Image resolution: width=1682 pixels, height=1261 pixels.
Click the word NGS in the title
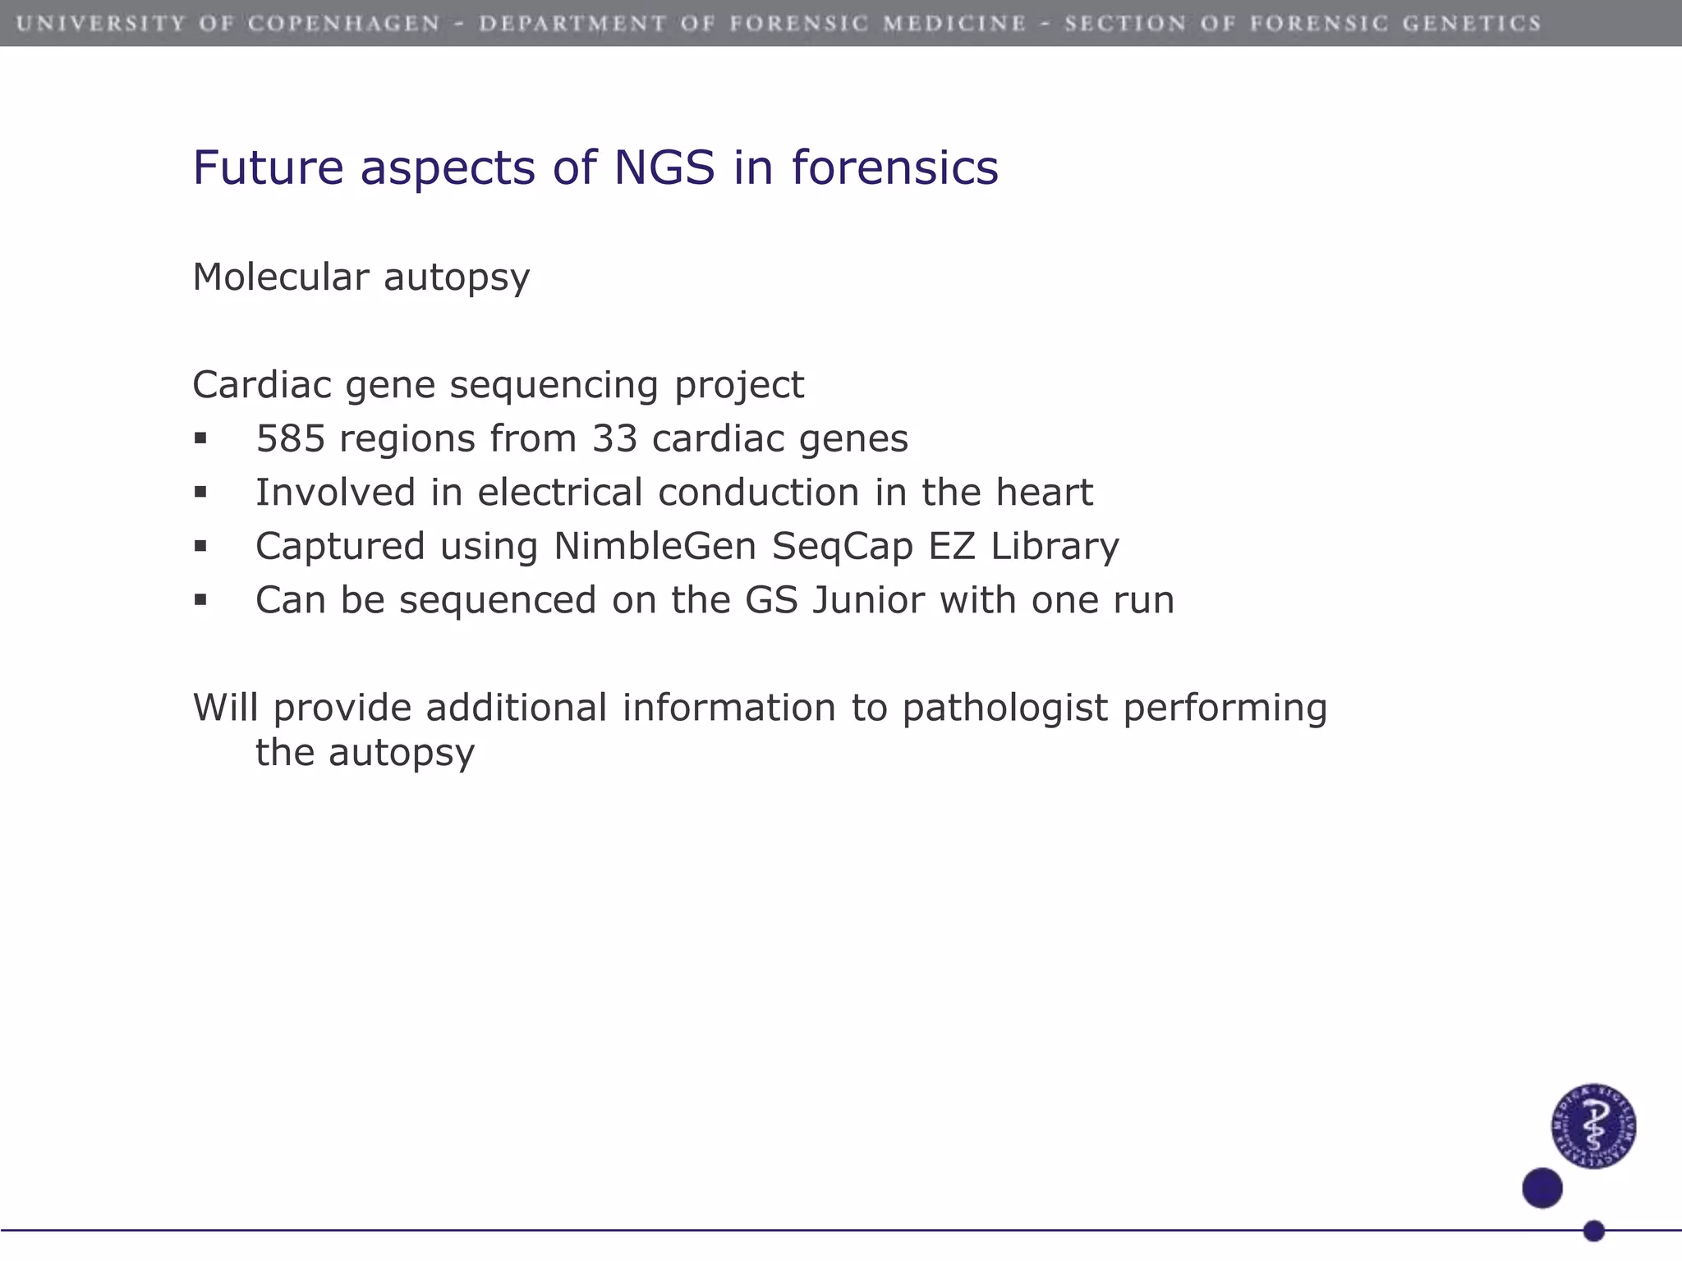click(664, 167)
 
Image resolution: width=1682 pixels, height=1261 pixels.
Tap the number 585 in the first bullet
click(290, 438)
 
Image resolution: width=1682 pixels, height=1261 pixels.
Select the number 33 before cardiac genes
click(614, 438)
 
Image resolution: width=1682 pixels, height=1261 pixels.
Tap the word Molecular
click(280, 277)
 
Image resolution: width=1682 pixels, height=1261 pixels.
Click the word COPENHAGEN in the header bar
click(344, 23)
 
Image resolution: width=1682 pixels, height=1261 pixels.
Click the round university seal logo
click(1593, 1126)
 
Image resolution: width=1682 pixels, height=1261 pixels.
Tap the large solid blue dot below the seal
click(1542, 1188)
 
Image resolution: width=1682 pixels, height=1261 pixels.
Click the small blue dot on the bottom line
click(1594, 1231)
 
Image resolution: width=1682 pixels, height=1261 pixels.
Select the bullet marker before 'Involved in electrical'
click(200, 493)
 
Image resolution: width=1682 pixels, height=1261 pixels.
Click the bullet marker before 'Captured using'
click(200, 547)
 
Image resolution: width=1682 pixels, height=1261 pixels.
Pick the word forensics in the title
click(894, 167)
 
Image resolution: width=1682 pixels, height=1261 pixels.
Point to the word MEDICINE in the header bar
click(954, 23)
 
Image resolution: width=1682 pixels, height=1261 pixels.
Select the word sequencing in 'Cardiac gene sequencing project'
click(554, 386)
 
